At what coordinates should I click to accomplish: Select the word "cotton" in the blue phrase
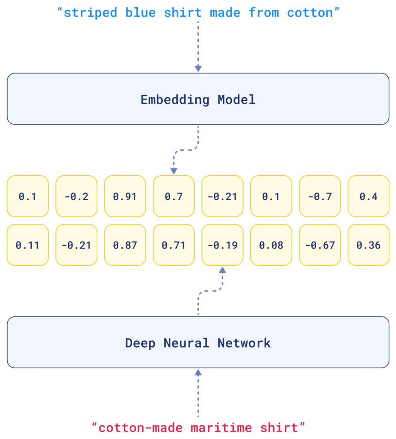tap(310, 12)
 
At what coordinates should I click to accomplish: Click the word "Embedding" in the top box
tap(175, 100)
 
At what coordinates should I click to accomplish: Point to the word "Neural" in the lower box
tap(186, 343)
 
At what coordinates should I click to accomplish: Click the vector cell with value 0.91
tap(125, 196)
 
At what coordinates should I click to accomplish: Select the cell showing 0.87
tap(125, 245)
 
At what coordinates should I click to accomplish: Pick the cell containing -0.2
tap(76, 196)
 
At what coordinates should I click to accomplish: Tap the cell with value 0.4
tap(369, 196)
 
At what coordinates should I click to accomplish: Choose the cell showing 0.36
tap(369, 245)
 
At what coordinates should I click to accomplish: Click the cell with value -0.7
tap(320, 196)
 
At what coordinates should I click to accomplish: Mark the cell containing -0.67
tap(320, 245)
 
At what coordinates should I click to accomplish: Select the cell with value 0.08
tap(271, 245)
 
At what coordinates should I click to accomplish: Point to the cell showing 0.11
tap(27, 245)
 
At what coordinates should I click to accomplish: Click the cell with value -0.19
tap(222, 245)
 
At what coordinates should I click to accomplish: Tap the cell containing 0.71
tap(174, 245)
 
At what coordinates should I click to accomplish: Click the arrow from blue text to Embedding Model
tap(198, 46)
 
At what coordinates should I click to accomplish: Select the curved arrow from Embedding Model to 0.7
tap(186, 150)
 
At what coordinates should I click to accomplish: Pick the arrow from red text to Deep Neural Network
tap(198, 392)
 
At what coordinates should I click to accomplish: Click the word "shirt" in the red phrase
tap(279, 428)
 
